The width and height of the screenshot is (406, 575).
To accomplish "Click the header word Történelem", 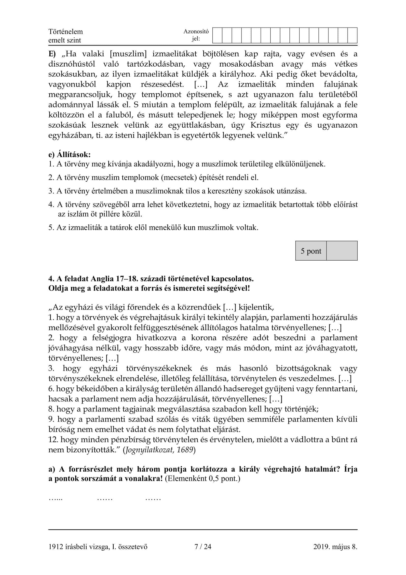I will (x=66, y=31).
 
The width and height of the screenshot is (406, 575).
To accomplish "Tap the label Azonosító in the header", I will (x=196, y=31).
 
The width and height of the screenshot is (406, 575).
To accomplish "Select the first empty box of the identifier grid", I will (x=217, y=36).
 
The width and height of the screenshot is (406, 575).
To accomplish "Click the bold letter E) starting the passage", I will (x=52, y=54).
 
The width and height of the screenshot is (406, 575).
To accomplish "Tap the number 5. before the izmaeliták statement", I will (x=51, y=227).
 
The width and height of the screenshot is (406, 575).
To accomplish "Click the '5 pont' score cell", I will (x=311, y=251).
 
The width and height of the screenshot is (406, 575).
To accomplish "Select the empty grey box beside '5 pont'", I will (x=342, y=251).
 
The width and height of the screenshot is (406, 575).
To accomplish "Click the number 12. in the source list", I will (x=53, y=440).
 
